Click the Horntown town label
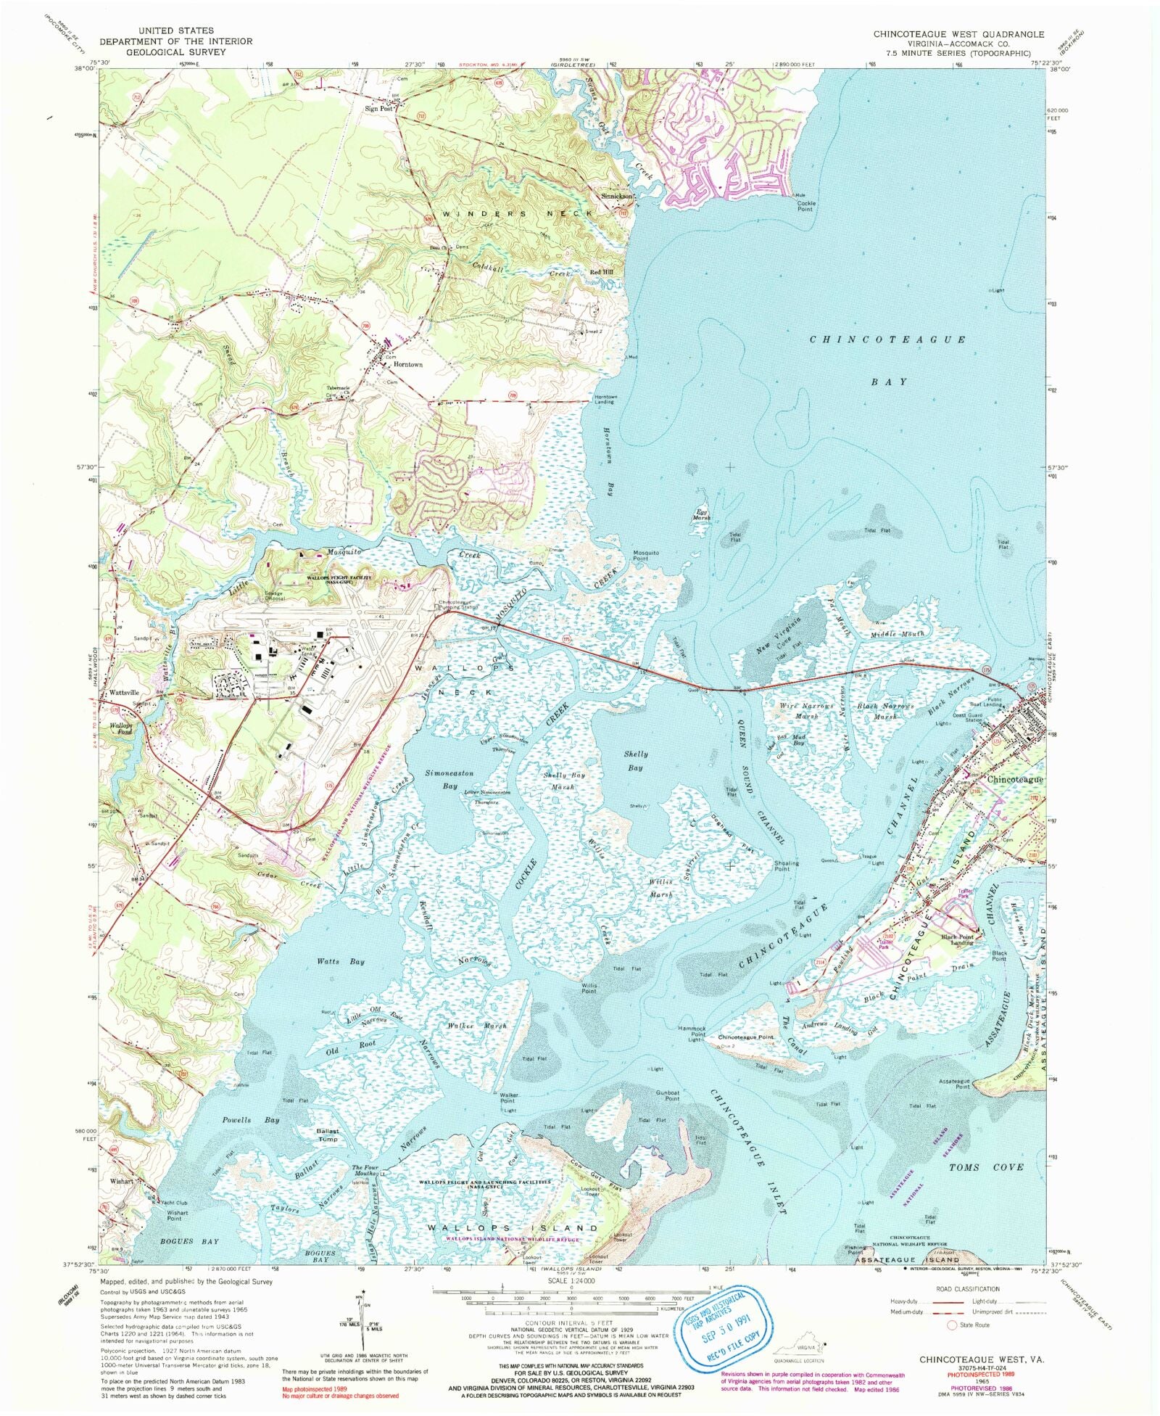pos(407,365)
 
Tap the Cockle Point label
pos(805,206)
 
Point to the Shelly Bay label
pos(635,761)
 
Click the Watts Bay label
pos(341,962)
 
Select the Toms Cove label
pos(986,1167)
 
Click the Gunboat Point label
pos(668,1095)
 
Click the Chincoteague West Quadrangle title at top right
pos(958,34)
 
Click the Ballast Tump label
pos(327,1135)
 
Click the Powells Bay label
pos(251,1120)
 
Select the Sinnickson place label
pos(618,197)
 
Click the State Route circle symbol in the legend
pos(952,1325)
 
